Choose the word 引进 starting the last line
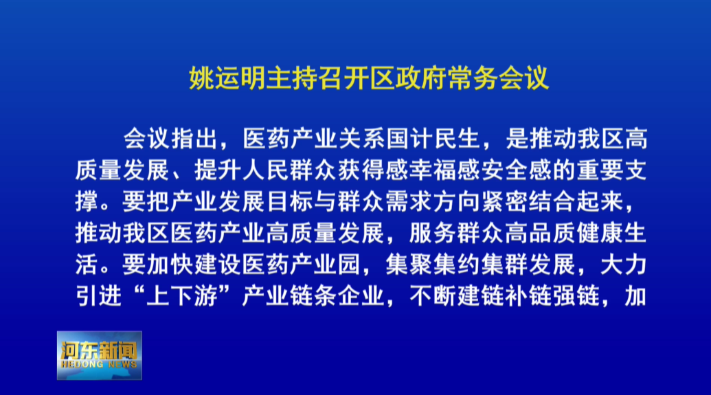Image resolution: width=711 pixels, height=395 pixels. tap(99, 296)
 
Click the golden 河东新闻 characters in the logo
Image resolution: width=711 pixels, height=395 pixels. tap(99, 350)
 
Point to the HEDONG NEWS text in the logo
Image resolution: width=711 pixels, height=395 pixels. tap(99, 365)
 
